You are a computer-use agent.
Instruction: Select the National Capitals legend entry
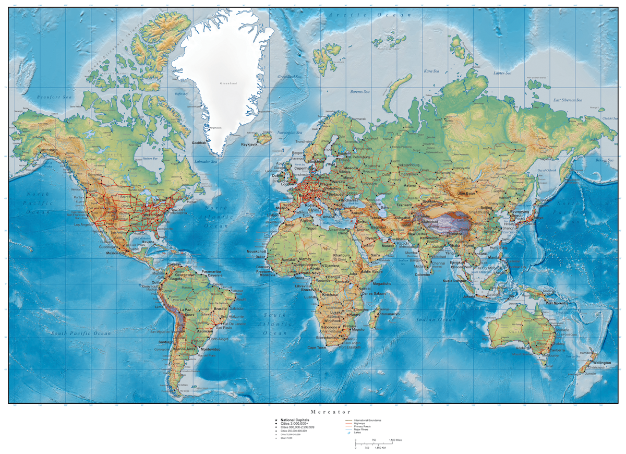click(x=294, y=420)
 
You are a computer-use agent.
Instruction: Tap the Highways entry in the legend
click(x=360, y=423)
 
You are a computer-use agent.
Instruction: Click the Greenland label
click(x=228, y=83)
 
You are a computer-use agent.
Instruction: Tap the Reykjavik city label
click(x=249, y=144)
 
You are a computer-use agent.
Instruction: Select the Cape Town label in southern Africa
click(x=316, y=348)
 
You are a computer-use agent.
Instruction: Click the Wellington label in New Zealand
click(x=601, y=363)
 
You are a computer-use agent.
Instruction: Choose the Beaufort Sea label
click(x=54, y=97)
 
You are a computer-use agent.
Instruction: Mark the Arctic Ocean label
click(x=370, y=15)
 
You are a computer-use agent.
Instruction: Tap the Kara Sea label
click(x=431, y=71)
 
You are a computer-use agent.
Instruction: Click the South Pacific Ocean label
click(x=81, y=333)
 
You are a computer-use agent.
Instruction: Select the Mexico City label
click(x=116, y=253)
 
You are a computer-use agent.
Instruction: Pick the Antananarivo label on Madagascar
click(x=388, y=314)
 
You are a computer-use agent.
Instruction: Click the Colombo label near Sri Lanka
click(x=422, y=274)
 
